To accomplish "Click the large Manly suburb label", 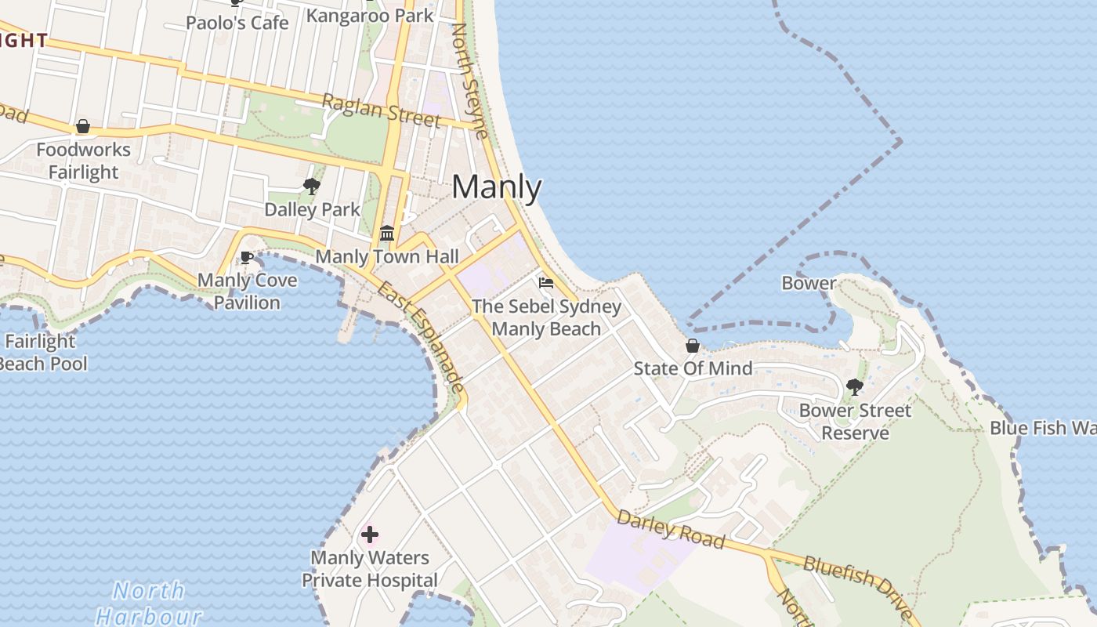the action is tap(497, 187).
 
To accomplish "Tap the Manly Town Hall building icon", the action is tap(387, 234).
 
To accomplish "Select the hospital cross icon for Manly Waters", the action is tap(370, 535).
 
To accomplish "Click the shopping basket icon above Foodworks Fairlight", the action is tap(82, 126).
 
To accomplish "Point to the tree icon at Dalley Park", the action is tap(312, 186).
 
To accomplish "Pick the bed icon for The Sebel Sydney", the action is tap(546, 282).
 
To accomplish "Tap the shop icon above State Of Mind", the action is tap(693, 346).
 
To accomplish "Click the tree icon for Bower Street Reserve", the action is tap(855, 386).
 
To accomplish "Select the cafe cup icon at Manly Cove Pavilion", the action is tap(247, 257).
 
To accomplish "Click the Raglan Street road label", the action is tap(381, 110).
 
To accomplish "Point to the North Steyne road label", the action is tap(470, 80).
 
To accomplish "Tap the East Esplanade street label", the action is tap(420, 337).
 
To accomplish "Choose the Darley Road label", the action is tap(670, 530).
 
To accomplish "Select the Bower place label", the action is tap(809, 283).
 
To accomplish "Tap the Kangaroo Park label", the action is tap(369, 15).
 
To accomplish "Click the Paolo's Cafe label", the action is tap(237, 22).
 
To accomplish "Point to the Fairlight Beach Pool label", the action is tap(43, 353).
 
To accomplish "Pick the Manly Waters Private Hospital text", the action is tap(370, 569).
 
